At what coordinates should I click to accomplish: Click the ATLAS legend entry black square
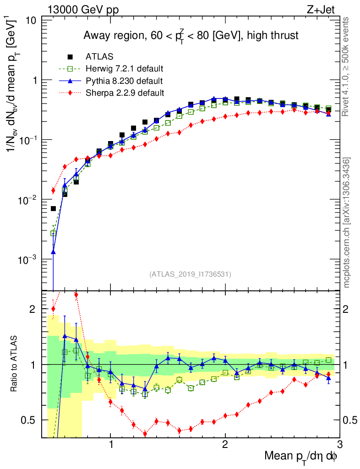pos(70,57)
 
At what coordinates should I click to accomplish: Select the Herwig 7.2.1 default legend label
pos(125,69)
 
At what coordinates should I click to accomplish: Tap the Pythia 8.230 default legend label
pos(124,81)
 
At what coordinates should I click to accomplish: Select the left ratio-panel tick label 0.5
pos(30,420)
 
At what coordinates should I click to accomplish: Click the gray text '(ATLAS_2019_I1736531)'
pos(190,274)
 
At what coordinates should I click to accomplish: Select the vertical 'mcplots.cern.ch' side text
pos(347,223)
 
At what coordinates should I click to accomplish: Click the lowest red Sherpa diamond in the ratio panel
pos(145,434)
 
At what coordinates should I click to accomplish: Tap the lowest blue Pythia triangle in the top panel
pos(53,251)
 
